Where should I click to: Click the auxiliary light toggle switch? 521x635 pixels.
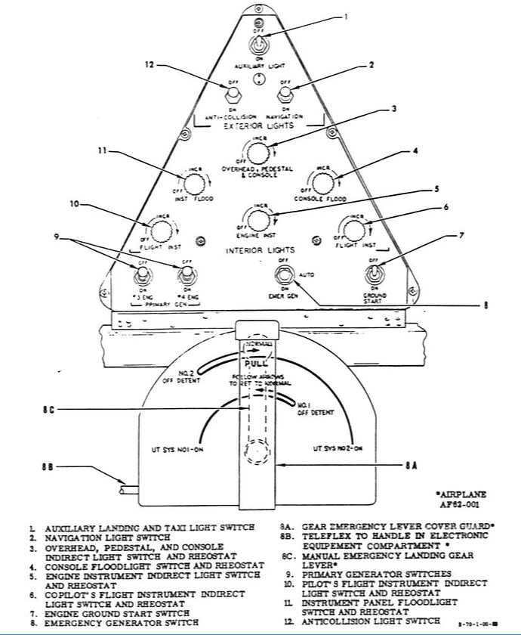point(259,44)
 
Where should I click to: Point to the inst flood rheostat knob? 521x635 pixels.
point(196,183)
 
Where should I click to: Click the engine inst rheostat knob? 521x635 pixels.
point(257,219)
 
